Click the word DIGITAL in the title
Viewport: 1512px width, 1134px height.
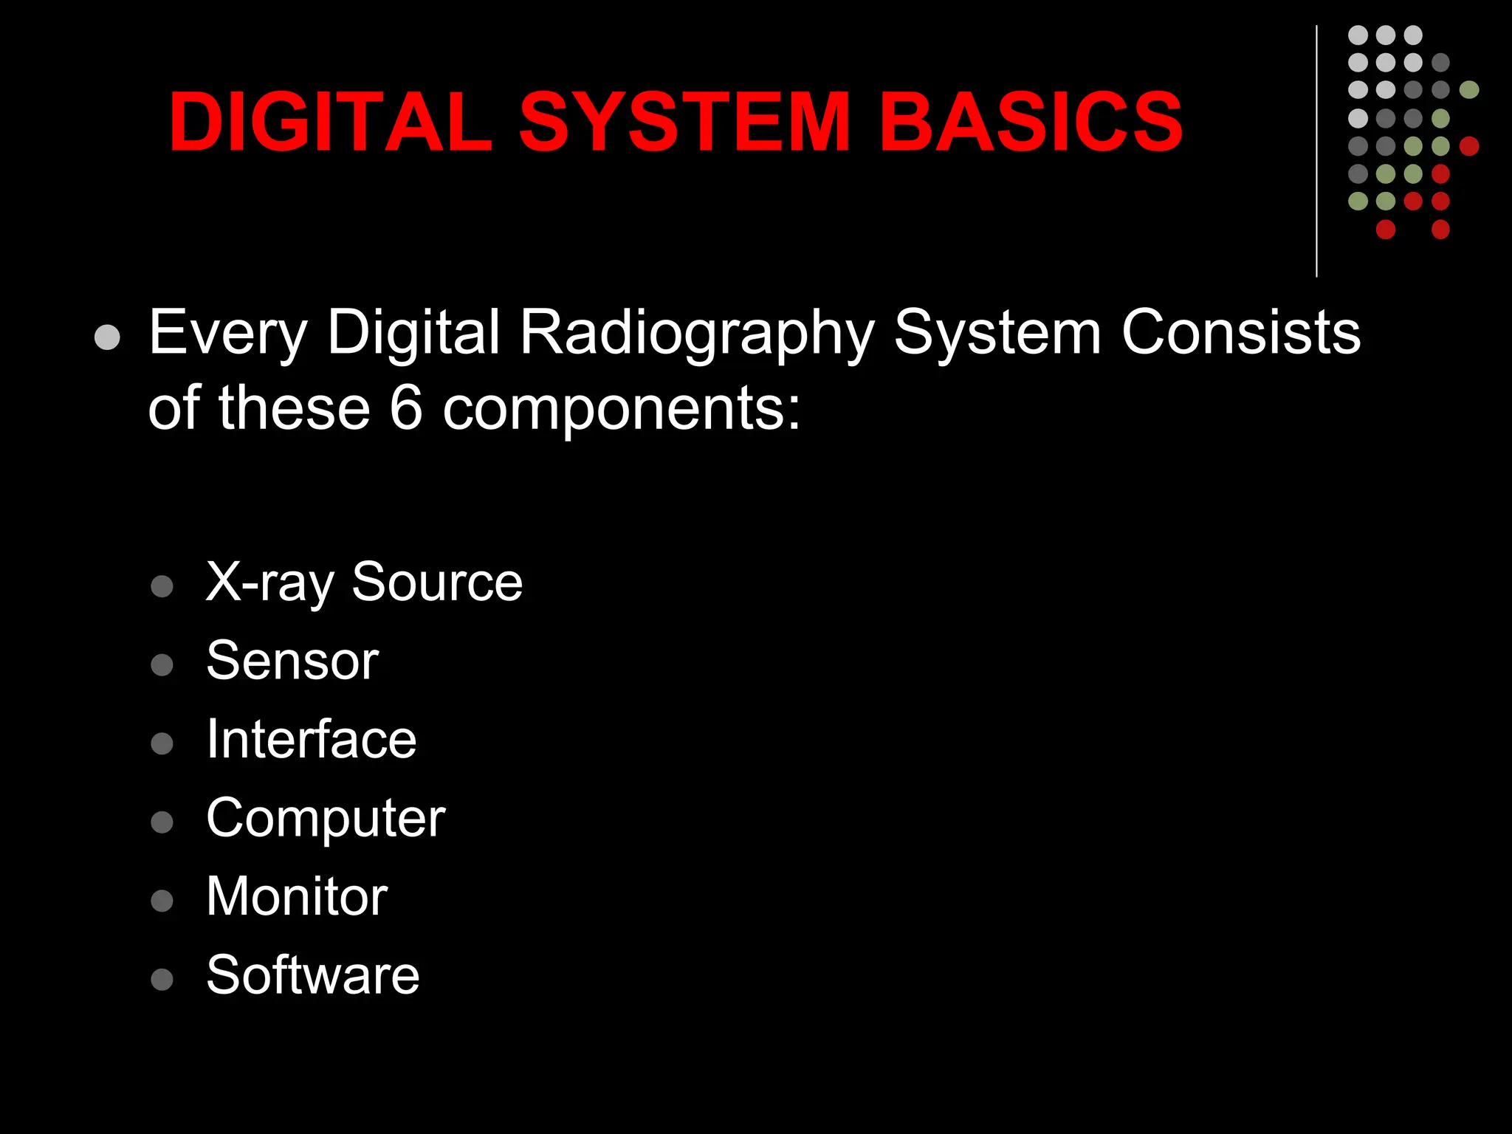330,122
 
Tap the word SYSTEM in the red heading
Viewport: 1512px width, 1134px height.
684,122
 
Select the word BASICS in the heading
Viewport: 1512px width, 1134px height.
1031,122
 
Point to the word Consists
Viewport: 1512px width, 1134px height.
1240,332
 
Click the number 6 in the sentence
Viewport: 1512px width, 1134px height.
405,408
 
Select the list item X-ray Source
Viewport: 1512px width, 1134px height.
364,583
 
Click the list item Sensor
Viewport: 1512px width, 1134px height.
292,661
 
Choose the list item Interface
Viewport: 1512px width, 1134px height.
311,739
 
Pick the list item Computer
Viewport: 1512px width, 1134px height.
326,819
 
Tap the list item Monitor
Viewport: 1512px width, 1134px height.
297,896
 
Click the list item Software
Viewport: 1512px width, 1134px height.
313,975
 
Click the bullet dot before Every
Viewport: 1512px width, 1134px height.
108,337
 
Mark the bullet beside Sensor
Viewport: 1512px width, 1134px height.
162,664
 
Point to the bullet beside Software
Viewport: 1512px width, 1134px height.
162,979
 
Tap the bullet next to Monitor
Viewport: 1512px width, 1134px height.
162,901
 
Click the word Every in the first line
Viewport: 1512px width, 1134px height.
227,334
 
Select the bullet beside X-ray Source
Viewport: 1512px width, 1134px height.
162,586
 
